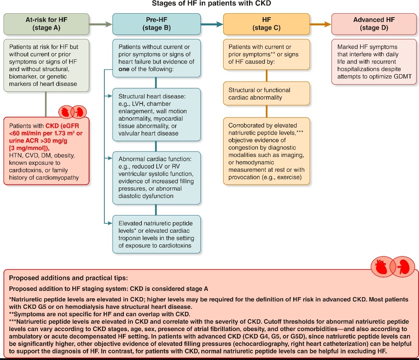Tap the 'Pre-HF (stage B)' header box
tap(156, 23)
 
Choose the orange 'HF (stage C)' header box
tap(266, 23)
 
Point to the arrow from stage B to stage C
tap(211, 24)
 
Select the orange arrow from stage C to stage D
tap(321, 24)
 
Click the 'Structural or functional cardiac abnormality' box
tap(266, 93)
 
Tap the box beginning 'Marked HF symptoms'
tap(374, 62)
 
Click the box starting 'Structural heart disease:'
tap(156, 114)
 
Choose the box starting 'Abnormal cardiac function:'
tap(156, 178)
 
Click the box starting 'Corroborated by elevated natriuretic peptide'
tap(266, 151)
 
